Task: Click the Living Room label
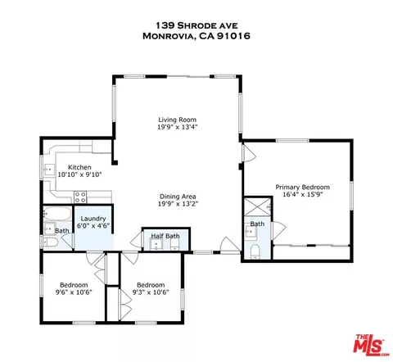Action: [x=178, y=120]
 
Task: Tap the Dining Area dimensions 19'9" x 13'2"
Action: [x=178, y=204]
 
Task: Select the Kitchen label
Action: [x=79, y=167]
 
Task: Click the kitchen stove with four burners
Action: [x=80, y=197]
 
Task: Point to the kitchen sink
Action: [x=49, y=170]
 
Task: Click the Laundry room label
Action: [x=93, y=219]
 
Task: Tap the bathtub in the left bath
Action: [x=57, y=214]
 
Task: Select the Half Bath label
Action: [x=165, y=236]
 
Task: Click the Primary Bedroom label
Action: [x=303, y=188]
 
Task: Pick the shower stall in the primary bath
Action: [x=257, y=207]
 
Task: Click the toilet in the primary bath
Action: [x=255, y=251]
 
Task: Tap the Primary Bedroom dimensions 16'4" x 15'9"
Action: [x=303, y=195]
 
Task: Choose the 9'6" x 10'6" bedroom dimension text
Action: [x=74, y=292]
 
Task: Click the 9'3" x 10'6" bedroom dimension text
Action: [x=151, y=292]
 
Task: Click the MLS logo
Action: [x=372, y=345]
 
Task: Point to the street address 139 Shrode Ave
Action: [x=196, y=25]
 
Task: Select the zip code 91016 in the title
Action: [x=233, y=36]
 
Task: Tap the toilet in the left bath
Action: [x=49, y=242]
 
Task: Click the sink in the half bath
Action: [x=156, y=244]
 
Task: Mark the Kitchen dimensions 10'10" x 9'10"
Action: [x=79, y=174]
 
